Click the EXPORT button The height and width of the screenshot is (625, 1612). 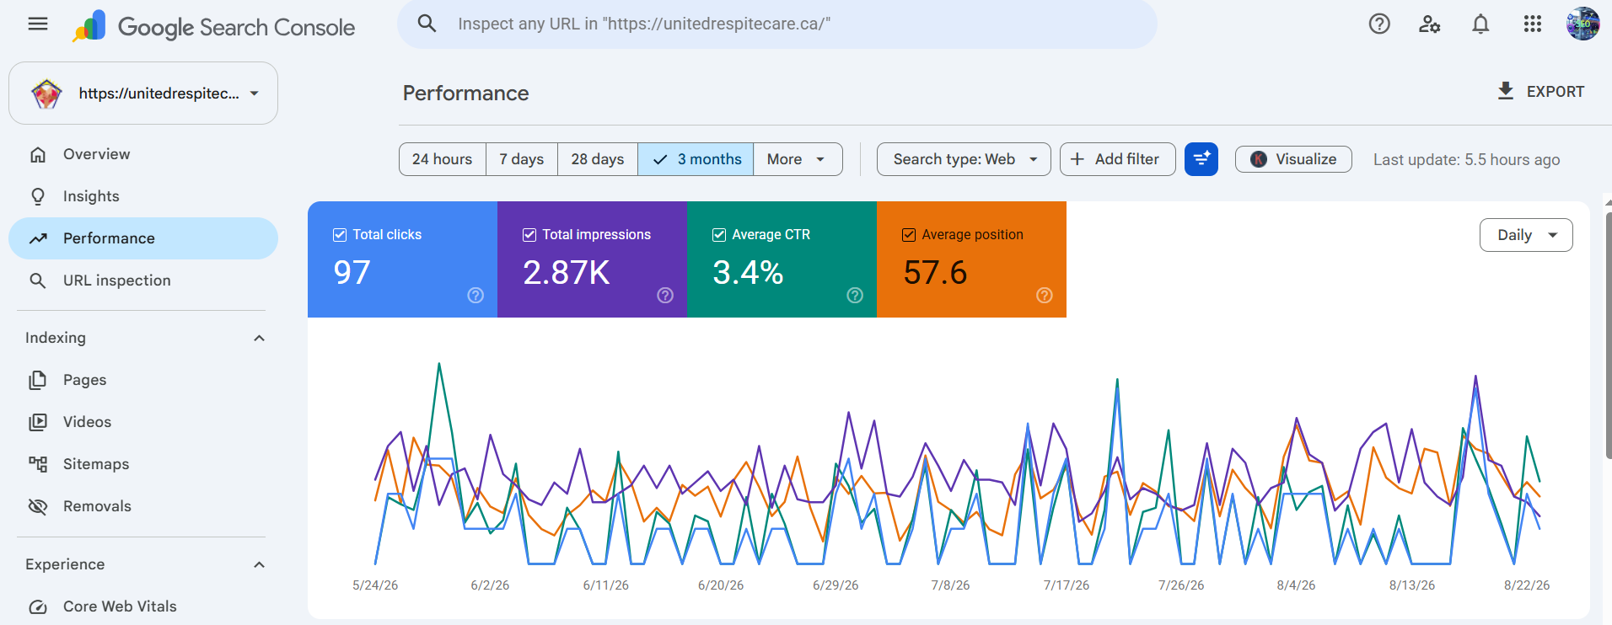click(x=1540, y=92)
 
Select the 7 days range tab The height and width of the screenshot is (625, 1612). click(x=521, y=159)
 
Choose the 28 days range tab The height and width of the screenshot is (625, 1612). click(x=597, y=159)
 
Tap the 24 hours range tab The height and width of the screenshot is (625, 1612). click(x=442, y=159)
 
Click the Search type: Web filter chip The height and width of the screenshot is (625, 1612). click(x=964, y=159)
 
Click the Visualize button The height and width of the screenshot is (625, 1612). click(x=1293, y=159)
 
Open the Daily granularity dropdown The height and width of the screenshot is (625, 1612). click(x=1526, y=235)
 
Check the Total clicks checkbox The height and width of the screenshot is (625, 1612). click(x=340, y=235)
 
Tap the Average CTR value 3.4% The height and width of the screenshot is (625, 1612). click(x=748, y=272)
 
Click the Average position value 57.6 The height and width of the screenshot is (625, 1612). click(x=935, y=272)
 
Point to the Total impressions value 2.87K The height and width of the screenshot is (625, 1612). click(x=567, y=272)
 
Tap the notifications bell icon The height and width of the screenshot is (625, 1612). click(x=1480, y=24)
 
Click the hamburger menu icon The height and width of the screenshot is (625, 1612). click(x=38, y=24)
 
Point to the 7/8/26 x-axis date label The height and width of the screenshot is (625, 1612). click(x=950, y=585)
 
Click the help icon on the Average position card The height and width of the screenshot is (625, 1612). click(x=1045, y=295)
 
